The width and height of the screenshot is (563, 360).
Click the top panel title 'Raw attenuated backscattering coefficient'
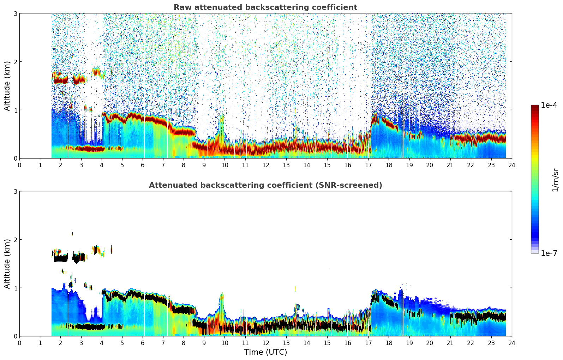point(265,7)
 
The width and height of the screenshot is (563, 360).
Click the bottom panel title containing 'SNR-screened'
point(265,185)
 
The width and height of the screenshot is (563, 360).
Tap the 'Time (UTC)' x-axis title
point(265,352)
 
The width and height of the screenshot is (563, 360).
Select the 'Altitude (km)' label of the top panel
point(7,86)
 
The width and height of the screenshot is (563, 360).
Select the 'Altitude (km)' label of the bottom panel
point(7,264)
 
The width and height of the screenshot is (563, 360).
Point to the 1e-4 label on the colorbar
point(549,105)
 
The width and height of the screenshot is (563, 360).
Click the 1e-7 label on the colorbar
point(549,253)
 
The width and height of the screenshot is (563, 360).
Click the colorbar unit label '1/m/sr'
point(555,179)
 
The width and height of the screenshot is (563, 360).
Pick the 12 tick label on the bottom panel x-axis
point(265,343)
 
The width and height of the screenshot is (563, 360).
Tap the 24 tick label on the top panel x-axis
point(511,165)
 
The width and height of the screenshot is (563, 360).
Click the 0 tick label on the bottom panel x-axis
point(19,343)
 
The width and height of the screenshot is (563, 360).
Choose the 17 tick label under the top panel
point(368,165)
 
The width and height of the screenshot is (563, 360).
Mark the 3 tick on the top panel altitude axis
point(15,13)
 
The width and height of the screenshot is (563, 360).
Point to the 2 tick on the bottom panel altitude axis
point(15,240)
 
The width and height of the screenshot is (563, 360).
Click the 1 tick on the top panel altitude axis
point(15,110)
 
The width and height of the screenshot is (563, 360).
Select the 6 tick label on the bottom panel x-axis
point(143,343)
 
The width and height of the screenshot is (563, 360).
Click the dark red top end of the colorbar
point(534,106)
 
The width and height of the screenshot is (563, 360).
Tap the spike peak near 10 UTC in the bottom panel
point(222,294)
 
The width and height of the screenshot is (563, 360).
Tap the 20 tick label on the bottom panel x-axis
point(430,343)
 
